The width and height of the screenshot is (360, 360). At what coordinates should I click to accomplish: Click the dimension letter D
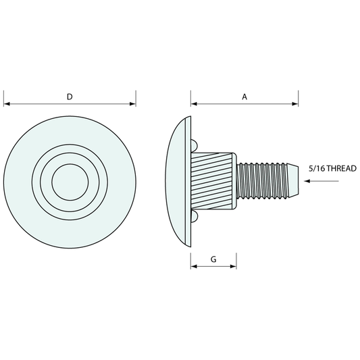[x=70, y=97]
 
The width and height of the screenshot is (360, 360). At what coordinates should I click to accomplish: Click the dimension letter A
[x=245, y=97]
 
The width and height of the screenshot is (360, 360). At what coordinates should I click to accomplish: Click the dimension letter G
[x=213, y=259]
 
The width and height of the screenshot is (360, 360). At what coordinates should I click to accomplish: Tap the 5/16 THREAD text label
[x=332, y=169]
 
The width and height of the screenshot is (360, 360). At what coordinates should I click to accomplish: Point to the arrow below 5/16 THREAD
[x=322, y=181]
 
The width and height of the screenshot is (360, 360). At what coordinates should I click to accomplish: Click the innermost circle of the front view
[x=70, y=182]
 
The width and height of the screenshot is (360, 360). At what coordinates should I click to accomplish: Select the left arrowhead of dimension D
[x=7, y=104]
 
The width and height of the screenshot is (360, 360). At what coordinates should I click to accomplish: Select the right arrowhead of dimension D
[x=132, y=104]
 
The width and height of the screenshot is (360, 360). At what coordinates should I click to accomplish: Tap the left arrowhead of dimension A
[x=194, y=104]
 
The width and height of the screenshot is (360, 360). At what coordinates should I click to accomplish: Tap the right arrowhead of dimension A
[x=295, y=104]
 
